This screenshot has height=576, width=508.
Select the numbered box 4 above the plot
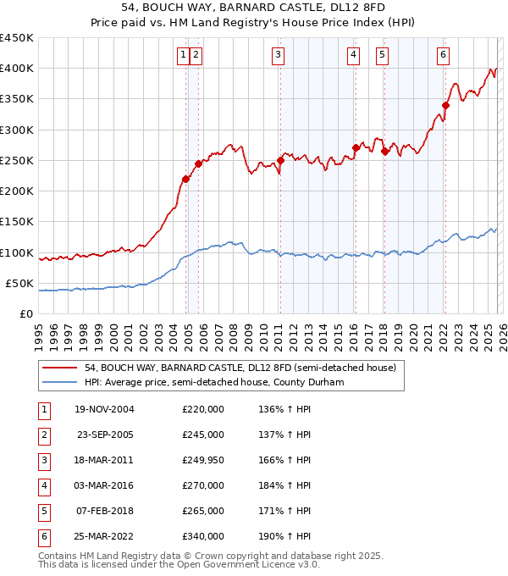(352, 56)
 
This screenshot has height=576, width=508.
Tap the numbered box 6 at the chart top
(443, 56)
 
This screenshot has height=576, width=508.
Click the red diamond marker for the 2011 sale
(280, 160)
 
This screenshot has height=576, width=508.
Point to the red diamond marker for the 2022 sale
(445, 105)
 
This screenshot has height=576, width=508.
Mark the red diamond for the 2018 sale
(384, 152)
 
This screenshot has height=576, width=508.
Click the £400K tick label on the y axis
(17, 69)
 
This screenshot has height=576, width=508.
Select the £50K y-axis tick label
(20, 283)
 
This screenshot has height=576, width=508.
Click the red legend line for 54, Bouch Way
(60, 368)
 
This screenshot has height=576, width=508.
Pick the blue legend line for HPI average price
(60, 382)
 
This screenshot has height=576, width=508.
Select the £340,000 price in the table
(203, 536)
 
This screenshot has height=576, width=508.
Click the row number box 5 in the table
(42, 511)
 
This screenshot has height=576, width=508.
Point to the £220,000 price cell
(203, 409)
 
